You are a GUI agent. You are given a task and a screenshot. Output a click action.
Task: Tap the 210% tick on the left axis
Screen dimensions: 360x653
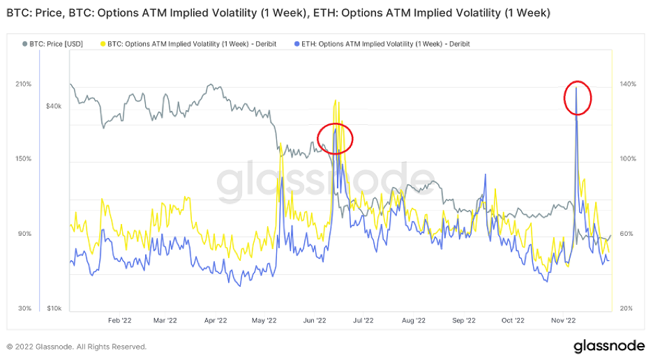[23, 84]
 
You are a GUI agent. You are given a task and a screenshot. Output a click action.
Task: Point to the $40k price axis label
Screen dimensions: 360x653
[54, 107]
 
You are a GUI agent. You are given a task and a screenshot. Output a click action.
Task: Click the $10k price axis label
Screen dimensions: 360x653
[54, 308]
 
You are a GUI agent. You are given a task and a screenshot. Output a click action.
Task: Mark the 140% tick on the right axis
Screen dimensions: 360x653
[628, 84]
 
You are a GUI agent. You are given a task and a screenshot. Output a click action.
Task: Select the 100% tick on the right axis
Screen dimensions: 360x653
[628, 159]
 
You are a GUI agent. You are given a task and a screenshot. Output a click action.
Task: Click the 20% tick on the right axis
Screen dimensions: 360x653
[626, 308]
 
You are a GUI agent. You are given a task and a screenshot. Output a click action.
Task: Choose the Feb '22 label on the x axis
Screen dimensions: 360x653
[120, 321]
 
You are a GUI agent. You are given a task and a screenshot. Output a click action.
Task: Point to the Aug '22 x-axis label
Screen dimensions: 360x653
[414, 321]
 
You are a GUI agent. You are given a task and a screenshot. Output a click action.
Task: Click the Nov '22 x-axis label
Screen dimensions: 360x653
[563, 321]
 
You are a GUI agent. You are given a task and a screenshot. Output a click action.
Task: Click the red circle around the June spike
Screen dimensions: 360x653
[336, 138]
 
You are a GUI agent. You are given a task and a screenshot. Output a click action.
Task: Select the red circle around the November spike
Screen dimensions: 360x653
[578, 98]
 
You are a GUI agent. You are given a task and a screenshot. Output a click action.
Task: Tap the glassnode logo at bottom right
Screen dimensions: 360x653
[608, 346]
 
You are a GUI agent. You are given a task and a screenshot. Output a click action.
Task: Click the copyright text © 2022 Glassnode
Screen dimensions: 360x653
[77, 347]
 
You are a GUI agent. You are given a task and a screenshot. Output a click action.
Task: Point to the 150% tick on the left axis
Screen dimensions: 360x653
[23, 159]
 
